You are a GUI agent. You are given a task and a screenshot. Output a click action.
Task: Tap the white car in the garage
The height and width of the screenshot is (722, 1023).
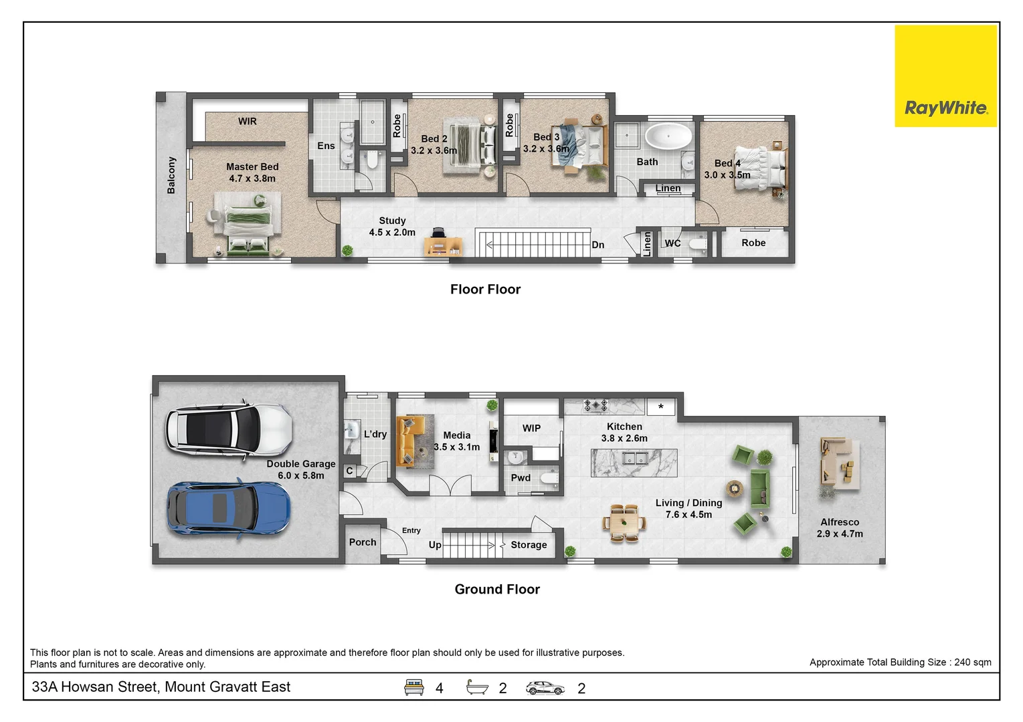228,429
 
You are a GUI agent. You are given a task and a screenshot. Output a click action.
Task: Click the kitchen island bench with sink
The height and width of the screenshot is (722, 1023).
634,462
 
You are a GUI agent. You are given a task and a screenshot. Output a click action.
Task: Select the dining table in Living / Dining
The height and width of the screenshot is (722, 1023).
624,522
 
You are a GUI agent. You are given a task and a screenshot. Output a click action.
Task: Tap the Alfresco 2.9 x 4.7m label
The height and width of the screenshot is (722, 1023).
840,527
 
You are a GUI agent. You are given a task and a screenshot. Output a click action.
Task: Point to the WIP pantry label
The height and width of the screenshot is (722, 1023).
531,428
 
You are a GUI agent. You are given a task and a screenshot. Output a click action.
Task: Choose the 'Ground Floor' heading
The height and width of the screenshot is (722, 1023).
497,589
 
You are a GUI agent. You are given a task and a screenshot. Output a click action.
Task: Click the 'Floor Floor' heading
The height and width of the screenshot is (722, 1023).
485,289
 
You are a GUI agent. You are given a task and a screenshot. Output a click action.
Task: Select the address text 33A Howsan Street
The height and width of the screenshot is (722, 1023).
161,687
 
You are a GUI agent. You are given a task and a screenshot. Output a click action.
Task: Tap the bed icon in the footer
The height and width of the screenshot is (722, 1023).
414,687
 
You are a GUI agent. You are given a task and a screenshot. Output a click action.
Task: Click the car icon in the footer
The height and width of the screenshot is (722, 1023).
545,687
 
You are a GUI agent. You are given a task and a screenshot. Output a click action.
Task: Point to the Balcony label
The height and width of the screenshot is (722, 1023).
171,176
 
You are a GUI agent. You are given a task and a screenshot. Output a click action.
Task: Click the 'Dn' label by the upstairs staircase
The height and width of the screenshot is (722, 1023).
597,245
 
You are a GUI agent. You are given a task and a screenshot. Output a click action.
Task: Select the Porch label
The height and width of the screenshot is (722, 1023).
363,542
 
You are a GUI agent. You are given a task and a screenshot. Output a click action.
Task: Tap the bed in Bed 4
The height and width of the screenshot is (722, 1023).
759,168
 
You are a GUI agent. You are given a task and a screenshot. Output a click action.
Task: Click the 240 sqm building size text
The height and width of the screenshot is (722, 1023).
900,662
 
